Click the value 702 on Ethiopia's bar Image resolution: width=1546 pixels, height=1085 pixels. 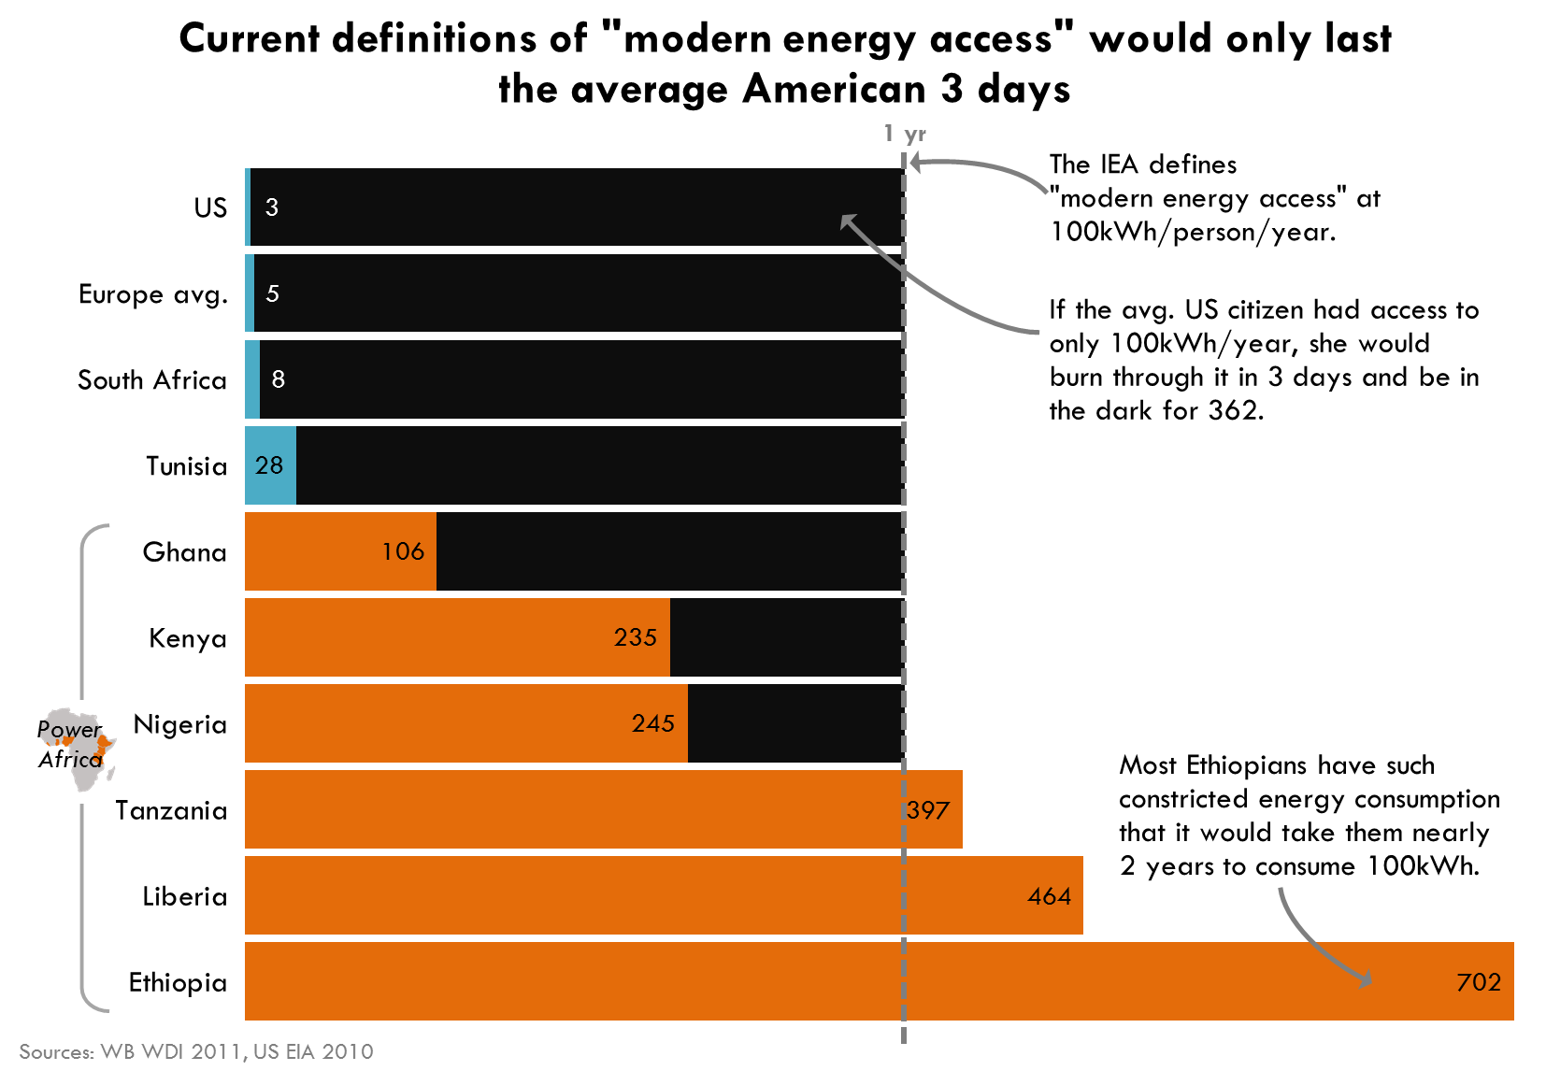tap(1478, 982)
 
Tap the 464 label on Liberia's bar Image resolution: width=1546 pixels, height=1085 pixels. tap(1049, 896)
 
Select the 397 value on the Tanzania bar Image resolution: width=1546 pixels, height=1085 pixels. tap(928, 810)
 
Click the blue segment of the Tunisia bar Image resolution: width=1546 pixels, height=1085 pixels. tap(270, 465)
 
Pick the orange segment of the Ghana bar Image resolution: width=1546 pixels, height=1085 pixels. tap(339, 551)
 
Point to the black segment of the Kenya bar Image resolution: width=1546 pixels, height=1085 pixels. tap(785, 637)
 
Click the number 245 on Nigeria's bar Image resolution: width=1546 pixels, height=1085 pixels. tap(652, 723)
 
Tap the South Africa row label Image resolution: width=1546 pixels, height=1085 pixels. tap(152, 380)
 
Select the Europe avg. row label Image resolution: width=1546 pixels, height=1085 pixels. tap(153, 294)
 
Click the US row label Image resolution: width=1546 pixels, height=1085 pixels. tap(210, 207)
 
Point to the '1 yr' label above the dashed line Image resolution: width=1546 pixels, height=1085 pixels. tap(905, 134)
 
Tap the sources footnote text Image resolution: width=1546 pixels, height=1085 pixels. tap(195, 1052)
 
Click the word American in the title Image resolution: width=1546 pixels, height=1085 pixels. tap(834, 90)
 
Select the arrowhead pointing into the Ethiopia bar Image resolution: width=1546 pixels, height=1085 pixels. tap(1366, 979)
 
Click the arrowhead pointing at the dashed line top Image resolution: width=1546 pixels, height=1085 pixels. tap(916, 164)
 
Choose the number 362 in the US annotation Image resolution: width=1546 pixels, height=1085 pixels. tap(1234, 411)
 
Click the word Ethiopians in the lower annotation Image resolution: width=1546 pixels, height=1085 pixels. tap(1247, 765)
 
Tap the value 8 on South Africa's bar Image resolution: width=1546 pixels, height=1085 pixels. tap(278, 379)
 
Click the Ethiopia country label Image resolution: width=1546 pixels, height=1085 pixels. tap(178, 982)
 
